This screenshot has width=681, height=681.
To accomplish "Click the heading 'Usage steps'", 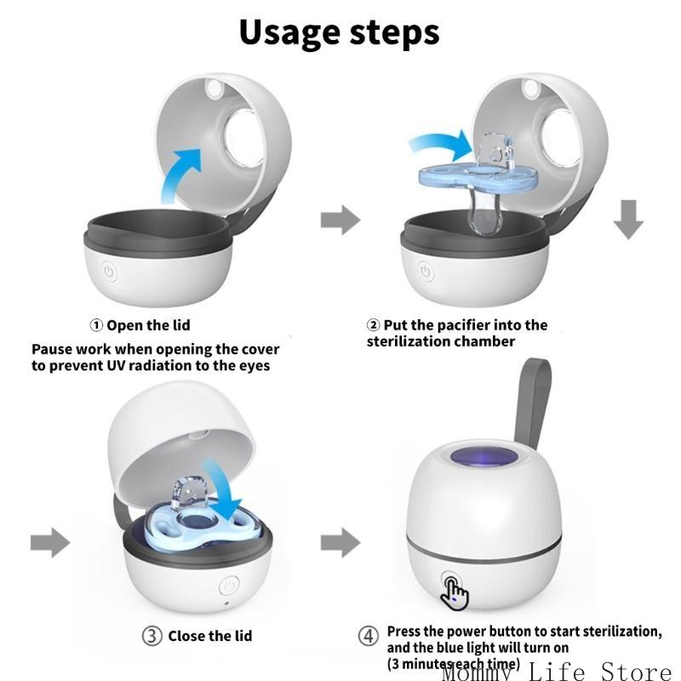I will pyautogui.click(x=339, y=31).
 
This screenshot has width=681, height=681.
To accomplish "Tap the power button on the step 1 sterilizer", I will pyautogui.click(x=109, y=272).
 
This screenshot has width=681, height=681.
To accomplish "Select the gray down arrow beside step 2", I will pyautogui.click(x=629, y=220).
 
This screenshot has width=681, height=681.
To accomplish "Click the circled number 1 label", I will pyautogui.click(x=97, y=325).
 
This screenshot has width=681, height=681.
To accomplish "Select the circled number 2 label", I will pyautogui.click(x=373, y=325).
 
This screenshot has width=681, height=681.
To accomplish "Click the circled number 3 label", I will pyautogui.click(x=151, y=636).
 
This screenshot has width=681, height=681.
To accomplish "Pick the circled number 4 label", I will pyautogui.click(x=369, y=636).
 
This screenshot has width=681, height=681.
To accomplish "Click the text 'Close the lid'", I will pyautogui.click(x=209, y=636).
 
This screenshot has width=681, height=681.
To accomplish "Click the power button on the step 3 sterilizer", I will pyautogui.click(x=230, y=587).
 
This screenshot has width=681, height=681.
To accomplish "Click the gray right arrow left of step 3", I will pyautogui.click(x=49, y=541).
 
